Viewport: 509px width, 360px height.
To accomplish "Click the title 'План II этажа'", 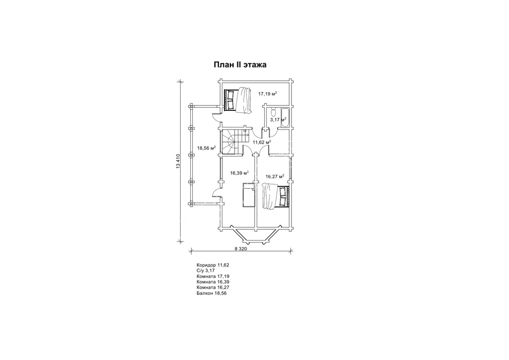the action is coord(240,65).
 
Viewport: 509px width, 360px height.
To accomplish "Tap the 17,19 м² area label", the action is coord(268,94).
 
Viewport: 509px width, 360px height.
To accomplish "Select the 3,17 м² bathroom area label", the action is coord(278,119).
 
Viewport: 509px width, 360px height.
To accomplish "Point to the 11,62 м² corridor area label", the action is coord(262,142).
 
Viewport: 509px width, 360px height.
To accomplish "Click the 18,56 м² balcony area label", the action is coord(207,148).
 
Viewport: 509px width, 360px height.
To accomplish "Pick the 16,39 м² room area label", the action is coord(239,172).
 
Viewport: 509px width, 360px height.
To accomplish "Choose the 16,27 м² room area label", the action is coord(275,177).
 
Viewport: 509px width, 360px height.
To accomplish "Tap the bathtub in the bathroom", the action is coord(285,117).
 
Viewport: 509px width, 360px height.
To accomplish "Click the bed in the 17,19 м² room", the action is coord(237,100).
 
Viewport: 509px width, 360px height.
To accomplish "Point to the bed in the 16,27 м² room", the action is coord(275,196).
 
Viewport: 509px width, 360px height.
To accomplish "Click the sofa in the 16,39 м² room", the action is coord(248,194).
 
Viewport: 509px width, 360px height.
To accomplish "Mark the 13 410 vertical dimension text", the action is coord(177,161).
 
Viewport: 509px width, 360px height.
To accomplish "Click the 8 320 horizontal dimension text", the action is coord(241,249).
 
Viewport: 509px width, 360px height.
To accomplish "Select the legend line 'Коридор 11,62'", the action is coord(213,265).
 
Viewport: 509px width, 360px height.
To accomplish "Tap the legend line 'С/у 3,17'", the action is coord(206,271).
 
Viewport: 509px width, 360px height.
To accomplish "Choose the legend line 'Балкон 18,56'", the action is coord(211,293).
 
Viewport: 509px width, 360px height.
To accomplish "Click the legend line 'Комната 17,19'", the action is coord(213,276).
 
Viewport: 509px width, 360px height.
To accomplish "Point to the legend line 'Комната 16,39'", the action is coord(213,282).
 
